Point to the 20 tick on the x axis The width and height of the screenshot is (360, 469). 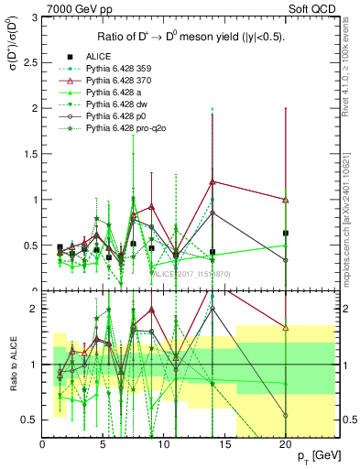286,443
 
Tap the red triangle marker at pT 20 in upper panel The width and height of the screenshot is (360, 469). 286,200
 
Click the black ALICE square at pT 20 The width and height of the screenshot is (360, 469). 286,233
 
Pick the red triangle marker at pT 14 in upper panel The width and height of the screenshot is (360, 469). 213,181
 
